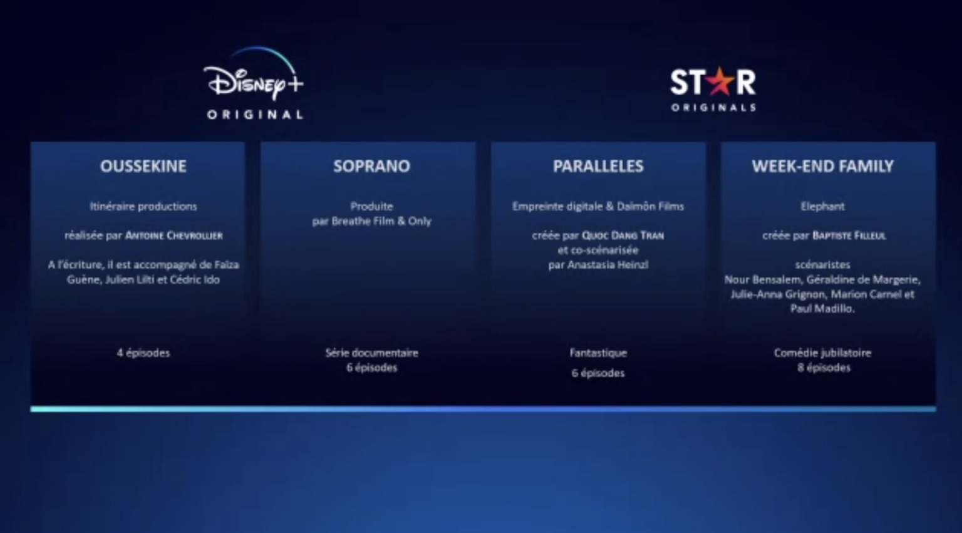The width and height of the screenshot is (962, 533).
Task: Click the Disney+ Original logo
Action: (254, 83)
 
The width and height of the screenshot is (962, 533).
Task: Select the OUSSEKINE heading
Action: (143, 166)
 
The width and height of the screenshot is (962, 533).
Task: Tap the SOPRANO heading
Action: (372, 166)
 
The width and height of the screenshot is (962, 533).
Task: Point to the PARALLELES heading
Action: (598, 166)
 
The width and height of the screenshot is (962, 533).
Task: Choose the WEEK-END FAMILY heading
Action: (823, 166)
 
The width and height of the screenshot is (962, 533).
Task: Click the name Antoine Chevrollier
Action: (174, 235)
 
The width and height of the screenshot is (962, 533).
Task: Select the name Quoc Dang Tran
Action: (623, 235)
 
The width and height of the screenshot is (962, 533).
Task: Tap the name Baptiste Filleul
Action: (849, 235)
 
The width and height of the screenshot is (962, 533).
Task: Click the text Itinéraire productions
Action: (143, 207)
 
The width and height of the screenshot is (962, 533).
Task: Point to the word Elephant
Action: (823, 207)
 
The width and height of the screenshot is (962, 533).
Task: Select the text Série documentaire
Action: (372, 353)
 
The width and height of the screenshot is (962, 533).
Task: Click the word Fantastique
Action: (598, 353)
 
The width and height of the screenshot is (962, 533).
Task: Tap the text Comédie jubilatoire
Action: (823, 353)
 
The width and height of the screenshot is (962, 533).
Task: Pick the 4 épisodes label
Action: (143, 353)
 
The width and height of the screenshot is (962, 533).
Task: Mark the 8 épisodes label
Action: (824, 368)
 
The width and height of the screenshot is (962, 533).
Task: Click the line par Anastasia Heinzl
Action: (598, 265)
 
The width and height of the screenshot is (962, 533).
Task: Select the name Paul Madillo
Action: (822, 309)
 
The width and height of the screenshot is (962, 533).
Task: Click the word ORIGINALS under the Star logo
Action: (713, 107)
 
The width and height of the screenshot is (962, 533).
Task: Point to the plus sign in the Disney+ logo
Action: (296, 83)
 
